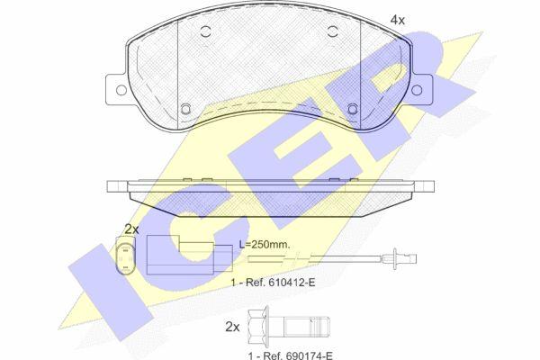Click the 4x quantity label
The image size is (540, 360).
point(398,20)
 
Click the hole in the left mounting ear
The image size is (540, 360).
point(121,90)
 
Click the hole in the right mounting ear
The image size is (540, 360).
point(417,90)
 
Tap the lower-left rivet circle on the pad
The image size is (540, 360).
point(185,109)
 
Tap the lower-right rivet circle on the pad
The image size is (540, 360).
point(353,109)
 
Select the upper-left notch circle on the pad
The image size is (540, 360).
point(205,31)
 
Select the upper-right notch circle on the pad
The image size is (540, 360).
point(333,31)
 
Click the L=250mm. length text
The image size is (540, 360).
point(265,245)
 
